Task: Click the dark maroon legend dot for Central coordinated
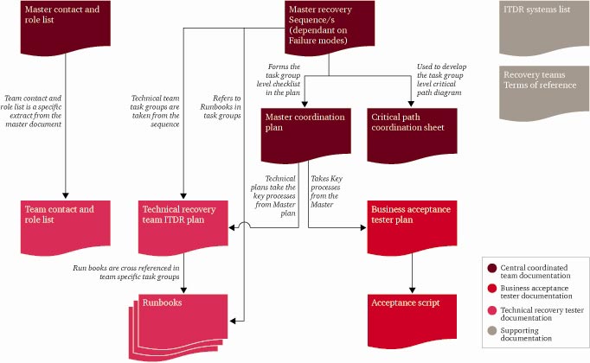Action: pyautogui.click(x=492, y=268)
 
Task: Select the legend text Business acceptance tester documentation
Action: pyautogui.click(x=536, y=293)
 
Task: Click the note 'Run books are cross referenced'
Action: pyautogui.click(x=126, y=272)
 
